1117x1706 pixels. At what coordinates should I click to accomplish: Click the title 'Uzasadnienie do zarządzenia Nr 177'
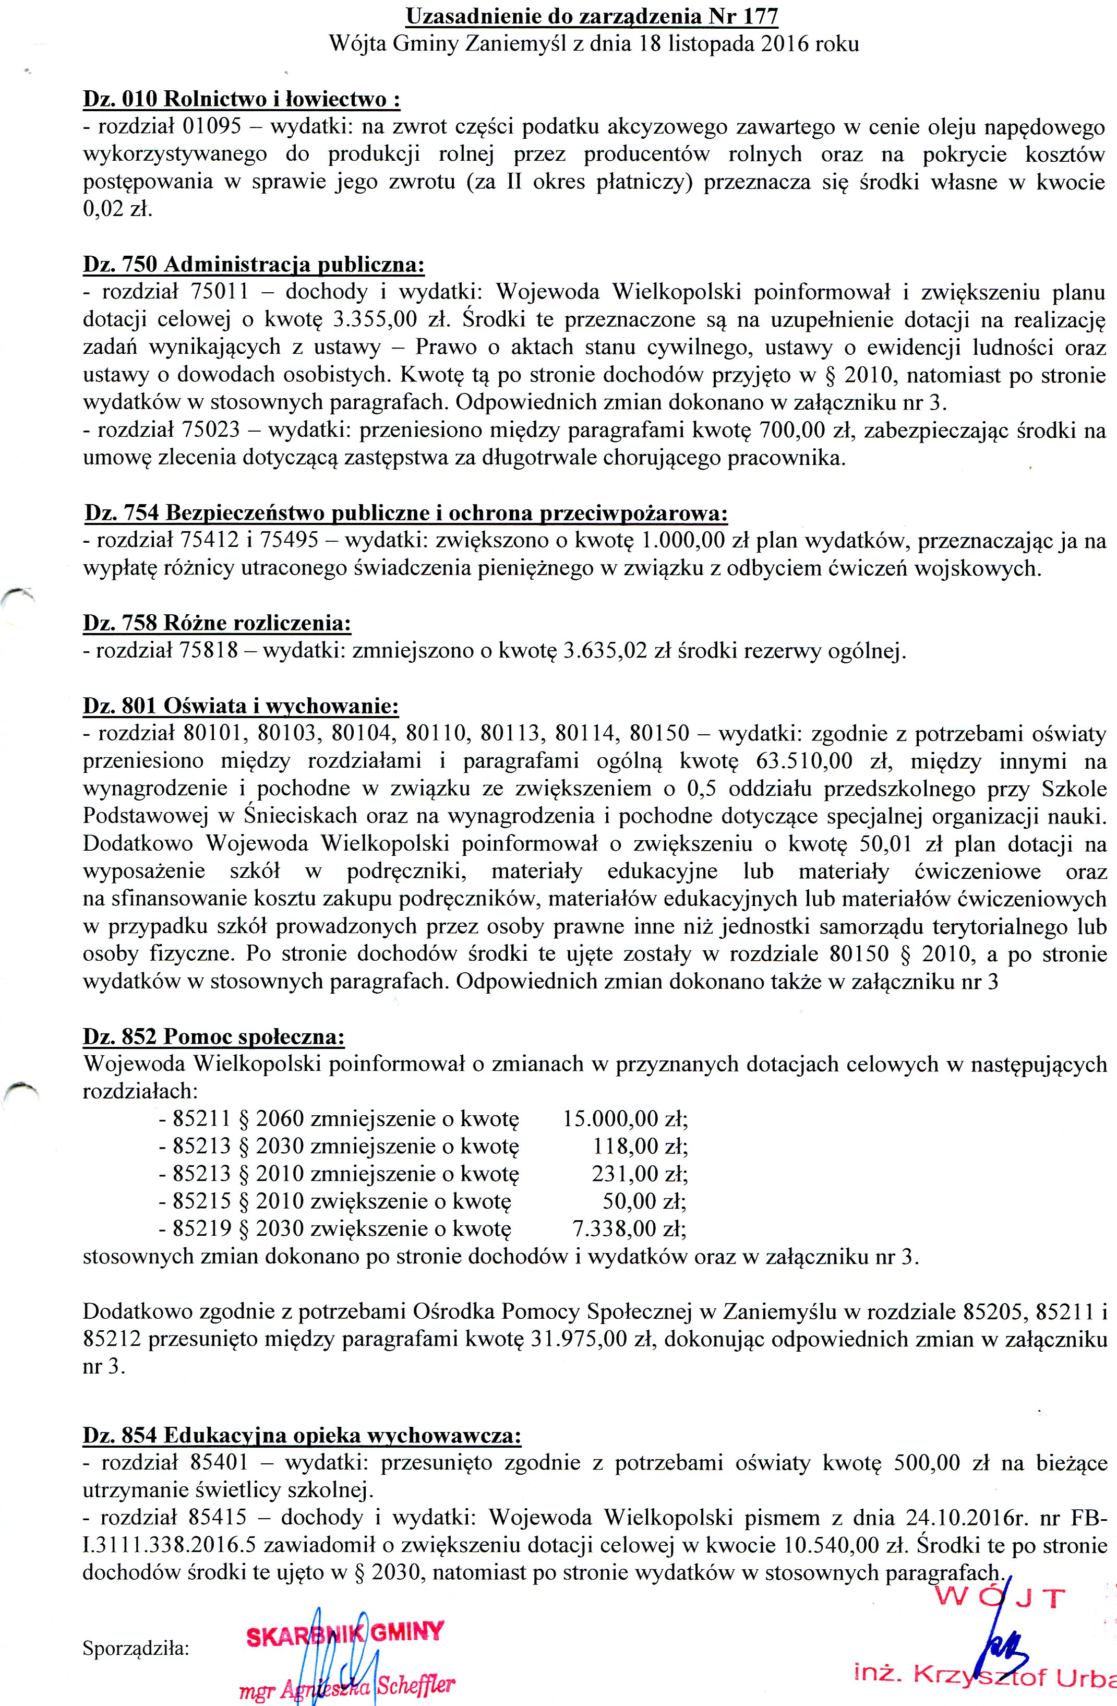pyautogui.click(x=592, y=16)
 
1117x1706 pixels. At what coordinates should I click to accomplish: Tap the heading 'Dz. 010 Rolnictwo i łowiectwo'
pyautogui.click(x=242, y=100)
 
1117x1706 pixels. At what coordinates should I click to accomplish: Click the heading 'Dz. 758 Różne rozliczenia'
pyautogui.click(x=217, y=623)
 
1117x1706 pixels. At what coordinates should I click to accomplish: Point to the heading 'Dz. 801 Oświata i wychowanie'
pyautogui.click(x=241, y=706)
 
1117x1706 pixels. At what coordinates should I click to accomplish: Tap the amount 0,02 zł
pyautogui.click(x=117, y=210)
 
